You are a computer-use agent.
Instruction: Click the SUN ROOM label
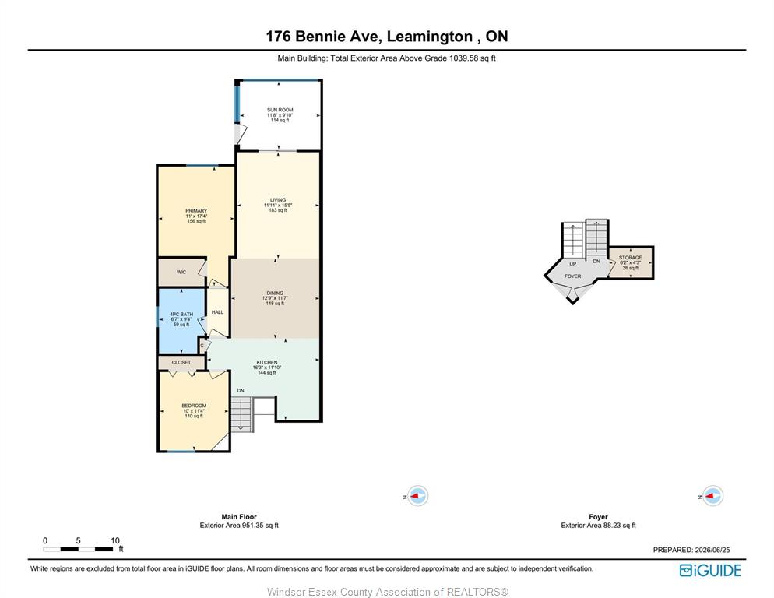(x=280, y=110)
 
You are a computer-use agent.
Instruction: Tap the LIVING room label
(x=278, y=199)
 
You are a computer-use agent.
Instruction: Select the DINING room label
(x=275, y=293)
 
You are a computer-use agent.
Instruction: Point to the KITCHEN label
(x=267, y=362)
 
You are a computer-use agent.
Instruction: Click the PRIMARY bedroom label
(x=196, y=210)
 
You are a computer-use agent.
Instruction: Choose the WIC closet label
(x=181, y=272)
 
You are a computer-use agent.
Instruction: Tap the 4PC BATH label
(x=181, y=314)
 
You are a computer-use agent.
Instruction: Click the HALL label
(x=218, y=312)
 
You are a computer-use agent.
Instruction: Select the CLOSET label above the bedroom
(x=181, y=362)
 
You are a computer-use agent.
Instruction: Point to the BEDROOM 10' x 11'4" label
(x=194, y=406)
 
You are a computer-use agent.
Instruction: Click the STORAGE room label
(x=631, y=257)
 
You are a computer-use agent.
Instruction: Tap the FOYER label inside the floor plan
(x=572, y=276)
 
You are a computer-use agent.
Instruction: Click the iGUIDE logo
(x=710, y=570)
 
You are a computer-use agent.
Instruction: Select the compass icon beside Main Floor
(x=417, y=496)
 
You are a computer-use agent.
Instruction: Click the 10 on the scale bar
(x=115, y=540)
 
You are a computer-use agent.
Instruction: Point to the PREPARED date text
(x=691, y=550)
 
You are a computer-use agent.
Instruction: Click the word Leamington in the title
(x=430, y=37)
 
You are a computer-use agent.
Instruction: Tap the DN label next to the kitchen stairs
(x=241, y=391)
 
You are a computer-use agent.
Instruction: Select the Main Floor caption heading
(x=239, y=516)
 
